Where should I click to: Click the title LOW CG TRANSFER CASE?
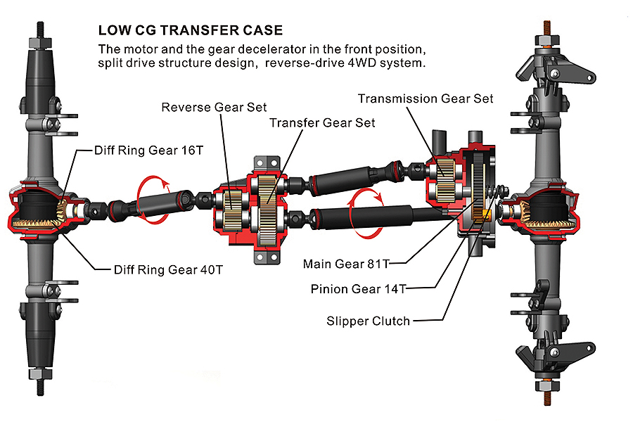(191, 30)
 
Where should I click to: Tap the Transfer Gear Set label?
(322, 123)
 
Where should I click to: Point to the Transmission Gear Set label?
(426, 98)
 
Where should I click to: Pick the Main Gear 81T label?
(345, 264)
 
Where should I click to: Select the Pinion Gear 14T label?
(358, 288)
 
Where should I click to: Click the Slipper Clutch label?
(368, 321)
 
